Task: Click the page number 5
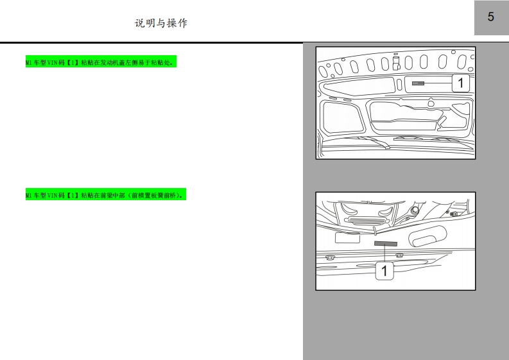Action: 490,17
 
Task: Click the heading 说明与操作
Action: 161,23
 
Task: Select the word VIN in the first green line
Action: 52,62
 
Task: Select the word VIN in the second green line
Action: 52,195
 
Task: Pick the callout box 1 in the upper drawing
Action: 460,83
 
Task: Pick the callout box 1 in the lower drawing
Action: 384,271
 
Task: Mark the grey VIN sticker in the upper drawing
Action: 418,83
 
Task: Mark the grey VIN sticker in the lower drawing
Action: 386,243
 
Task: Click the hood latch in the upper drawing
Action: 396,63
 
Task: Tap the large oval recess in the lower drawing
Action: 427,236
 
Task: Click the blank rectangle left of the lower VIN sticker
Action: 347,237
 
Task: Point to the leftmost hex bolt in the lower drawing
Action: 330,258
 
